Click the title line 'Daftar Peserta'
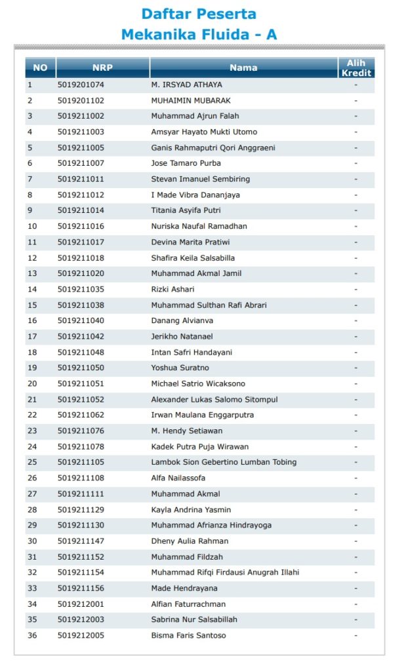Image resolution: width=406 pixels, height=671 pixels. pos(199,14)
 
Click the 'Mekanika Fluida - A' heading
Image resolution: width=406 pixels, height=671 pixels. pos(199,35)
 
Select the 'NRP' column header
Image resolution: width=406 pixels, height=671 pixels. pos(102,67)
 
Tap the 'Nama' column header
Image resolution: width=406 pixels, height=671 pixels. pos(243,67)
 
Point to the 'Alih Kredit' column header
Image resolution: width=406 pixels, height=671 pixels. pos(356,67)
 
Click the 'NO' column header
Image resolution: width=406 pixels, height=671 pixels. pos(40,67)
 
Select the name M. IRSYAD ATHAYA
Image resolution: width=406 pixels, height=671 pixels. pos(186,85)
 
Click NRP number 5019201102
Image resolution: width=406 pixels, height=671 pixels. pos(81,100)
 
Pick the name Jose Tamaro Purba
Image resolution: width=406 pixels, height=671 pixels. pos(186,163)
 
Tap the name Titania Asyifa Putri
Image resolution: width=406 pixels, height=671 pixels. pos(186,210)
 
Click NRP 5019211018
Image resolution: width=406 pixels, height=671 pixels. pos(81,258)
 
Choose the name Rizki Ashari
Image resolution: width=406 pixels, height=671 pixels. pos(173,289)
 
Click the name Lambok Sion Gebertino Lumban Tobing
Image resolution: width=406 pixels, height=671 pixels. pos(224,462)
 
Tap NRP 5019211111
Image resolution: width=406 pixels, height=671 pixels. pos(81,494)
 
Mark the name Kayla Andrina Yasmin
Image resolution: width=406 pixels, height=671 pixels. pos(191,510)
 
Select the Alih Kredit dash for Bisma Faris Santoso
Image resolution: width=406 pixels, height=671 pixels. pos(355,636)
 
